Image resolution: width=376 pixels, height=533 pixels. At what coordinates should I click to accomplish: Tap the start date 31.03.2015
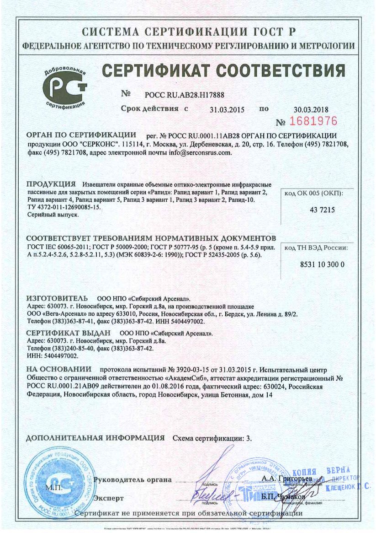tap(227, 109)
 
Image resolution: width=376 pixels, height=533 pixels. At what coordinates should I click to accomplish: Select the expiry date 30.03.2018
tap(311, 109)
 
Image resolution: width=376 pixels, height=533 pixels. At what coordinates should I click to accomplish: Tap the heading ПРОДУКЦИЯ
tap(51, 184)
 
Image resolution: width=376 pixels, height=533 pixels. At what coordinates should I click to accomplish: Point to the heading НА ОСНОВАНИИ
tap(58, 369)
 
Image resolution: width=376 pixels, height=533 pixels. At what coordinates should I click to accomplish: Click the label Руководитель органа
tap(132, 480)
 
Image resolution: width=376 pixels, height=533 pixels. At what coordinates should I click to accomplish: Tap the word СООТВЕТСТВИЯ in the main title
tap(281, 71)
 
